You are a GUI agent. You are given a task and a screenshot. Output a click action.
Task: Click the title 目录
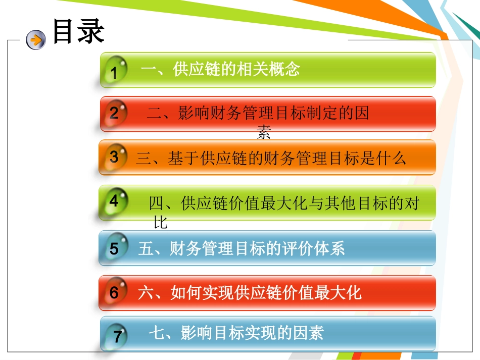point(78,32)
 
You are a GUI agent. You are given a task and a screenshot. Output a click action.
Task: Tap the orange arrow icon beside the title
point(36,39)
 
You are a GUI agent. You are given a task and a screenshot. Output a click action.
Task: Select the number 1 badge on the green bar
point(114,73)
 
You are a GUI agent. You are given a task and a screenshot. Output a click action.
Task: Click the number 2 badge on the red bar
point(114,113)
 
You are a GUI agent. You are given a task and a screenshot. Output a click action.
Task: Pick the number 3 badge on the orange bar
point(114,157)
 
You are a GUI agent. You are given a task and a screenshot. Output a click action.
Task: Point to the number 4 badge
point(114,201)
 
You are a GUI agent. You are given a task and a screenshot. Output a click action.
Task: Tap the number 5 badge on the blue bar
point(114,249)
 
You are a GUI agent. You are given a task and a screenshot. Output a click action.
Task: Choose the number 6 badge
point(114,293)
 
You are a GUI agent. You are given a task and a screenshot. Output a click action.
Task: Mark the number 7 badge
point(117,336)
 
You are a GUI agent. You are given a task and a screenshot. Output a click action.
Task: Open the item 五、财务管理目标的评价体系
point(242,248)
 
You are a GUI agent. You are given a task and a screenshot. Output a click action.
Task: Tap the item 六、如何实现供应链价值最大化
point(250,292)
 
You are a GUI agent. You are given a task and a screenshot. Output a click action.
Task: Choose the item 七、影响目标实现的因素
point(236,333)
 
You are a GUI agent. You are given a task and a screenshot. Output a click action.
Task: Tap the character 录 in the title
point(91,32)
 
